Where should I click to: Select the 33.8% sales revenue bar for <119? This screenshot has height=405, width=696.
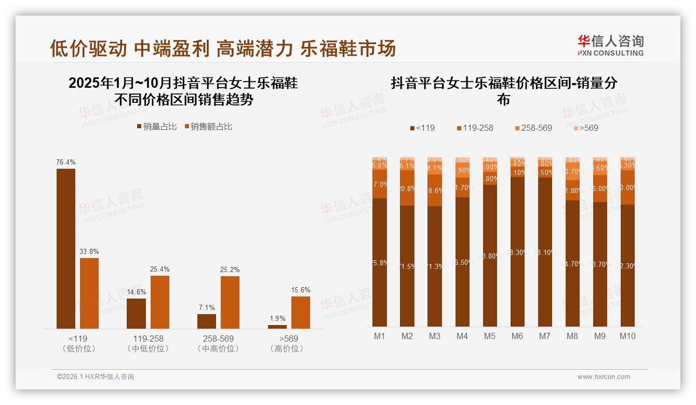point(89,293)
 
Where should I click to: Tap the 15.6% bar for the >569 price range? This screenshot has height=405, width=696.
point(300,312)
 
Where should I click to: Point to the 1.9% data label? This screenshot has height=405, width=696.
point(277,318)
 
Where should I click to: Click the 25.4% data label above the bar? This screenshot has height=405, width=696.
point(160,269)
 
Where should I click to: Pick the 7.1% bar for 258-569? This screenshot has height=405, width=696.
point(207,321)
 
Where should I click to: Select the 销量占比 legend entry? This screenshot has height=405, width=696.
point(156,127)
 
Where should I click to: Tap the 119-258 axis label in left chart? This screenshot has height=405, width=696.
point(148,339)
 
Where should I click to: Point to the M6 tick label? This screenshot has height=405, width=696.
point(517,336)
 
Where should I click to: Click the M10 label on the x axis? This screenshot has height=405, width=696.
point(627,336)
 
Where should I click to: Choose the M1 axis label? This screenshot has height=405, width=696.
point(380,336)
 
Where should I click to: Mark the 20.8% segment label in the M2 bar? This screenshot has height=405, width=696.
point(407,188)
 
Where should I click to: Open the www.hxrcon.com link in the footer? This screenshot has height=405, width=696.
point(604,377)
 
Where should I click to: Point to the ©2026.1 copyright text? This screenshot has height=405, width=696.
point(96,377)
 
